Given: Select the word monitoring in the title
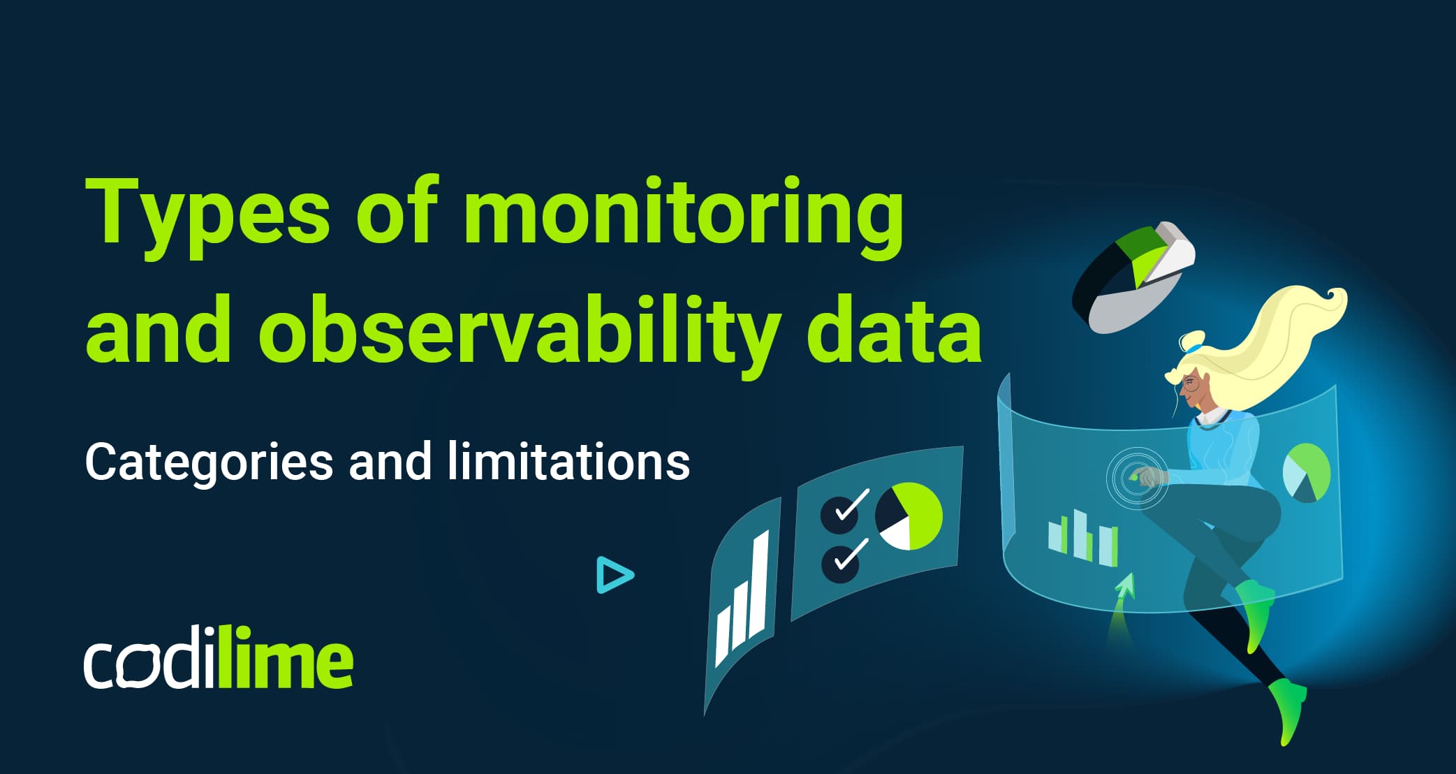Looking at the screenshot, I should pos(682,213).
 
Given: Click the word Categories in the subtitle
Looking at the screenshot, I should pos(209,463).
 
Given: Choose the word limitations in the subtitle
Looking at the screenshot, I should pos(568,462).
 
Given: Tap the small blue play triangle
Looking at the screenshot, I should pos(614,575).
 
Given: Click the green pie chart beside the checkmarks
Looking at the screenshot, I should pos(909,516).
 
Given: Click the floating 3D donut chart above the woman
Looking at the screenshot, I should pos(1132,277).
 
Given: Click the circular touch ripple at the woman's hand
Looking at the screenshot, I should pos(1137,478).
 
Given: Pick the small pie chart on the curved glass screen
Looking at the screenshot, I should pos(1307,473).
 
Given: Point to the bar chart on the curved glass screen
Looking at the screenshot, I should pos(1083,537).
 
